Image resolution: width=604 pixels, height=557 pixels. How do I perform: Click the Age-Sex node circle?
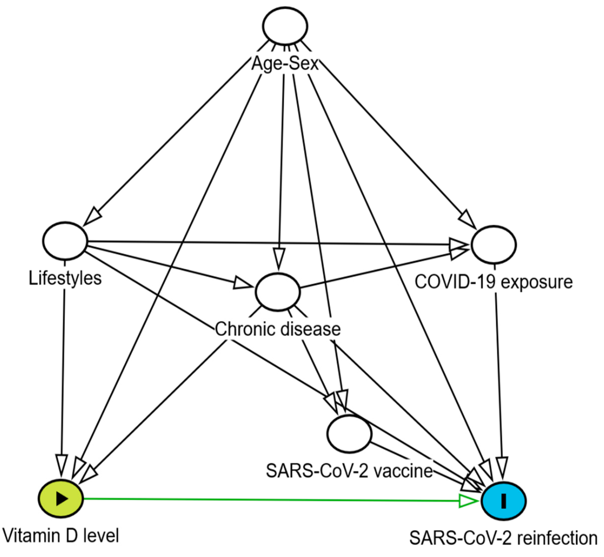285,26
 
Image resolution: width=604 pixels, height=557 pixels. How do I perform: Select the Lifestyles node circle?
65,241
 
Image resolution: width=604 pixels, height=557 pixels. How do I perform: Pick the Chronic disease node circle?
278,292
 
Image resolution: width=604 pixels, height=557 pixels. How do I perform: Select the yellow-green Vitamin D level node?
61,499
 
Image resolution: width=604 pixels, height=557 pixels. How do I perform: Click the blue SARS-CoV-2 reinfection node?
503,501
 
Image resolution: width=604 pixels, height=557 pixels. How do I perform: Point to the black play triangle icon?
61,499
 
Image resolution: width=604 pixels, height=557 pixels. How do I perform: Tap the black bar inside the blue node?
503,501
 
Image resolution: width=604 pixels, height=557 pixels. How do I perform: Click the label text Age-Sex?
285,64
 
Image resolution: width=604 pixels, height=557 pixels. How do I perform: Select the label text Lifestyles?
65,278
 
